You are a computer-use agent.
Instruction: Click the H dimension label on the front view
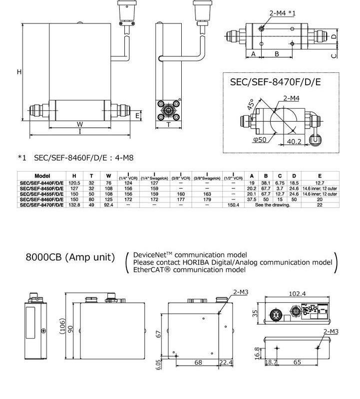[19, 72]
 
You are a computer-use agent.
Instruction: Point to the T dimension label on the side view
[169, 125]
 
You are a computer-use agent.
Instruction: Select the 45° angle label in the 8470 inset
[250, 105]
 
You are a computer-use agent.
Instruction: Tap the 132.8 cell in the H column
[74, 205]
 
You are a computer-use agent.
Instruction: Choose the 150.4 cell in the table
[234, 205]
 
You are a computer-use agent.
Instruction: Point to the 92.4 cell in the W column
[108, 205]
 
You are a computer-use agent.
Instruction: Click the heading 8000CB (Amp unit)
[70, 258]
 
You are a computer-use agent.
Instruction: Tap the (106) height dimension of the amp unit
[63, 328]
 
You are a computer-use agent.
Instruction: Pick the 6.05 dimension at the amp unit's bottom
[159, 365]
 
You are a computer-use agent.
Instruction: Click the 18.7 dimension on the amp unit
[272, 363]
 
